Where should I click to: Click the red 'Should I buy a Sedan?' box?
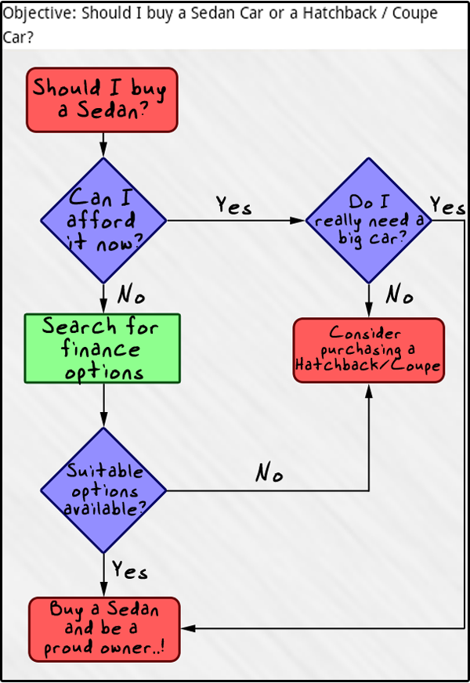103,99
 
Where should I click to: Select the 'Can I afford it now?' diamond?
103,220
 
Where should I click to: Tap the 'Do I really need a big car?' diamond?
368,220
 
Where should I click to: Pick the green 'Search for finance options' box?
103,349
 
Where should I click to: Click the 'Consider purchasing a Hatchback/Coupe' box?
368,350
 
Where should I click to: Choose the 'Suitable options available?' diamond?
103,491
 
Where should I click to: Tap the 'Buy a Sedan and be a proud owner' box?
104,629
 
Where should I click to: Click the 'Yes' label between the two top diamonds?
233,206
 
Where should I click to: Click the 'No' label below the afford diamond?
131,296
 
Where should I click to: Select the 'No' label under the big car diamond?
399,295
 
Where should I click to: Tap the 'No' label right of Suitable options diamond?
269,473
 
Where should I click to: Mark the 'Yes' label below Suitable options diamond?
129,570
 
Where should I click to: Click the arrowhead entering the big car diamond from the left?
298,221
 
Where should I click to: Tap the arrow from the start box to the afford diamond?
103,144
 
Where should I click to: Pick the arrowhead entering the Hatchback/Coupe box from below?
368,388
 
